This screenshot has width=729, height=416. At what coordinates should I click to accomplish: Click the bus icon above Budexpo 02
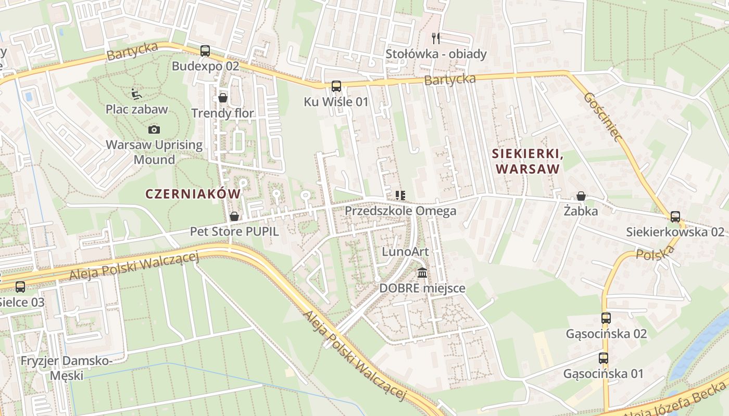pyautogui.click(x=205, y=51)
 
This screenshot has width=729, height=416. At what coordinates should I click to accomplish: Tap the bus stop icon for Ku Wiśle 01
pyautogui.click(x=336, y=86)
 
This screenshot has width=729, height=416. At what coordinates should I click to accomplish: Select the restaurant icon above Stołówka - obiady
pyautogui.click(x=436, y=38)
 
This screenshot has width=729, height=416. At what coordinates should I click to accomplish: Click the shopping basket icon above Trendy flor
pyautogui.click(x=223, y=98)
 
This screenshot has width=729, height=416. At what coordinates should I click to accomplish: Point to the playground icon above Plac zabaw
pyautogui.click(x=136, y=94)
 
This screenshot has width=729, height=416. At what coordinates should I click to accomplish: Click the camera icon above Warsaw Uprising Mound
pyautogui.click(x=154, y=129)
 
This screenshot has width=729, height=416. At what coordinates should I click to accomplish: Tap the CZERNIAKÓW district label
pyautogui.click(x=193, y=194)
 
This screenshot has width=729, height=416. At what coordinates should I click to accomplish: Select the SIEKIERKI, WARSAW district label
pyautogui.click(x=528, y=161)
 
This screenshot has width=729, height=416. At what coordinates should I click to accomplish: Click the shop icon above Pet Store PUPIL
pyautogui.click(x=234, y=216)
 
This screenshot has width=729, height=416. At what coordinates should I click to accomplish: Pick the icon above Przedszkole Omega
pyautogui.click(x=400, y=196)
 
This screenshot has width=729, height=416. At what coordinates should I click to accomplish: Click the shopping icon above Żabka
pyautogui.click(x=581, y=196)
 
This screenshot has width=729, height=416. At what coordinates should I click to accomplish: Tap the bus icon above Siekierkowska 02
pyautogui.click(x=675, y=216)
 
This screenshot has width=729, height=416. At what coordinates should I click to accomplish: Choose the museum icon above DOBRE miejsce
pyautogui.click(x=422, y=272)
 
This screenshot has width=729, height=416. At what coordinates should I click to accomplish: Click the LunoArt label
pyautogui.click(x=405, y=252)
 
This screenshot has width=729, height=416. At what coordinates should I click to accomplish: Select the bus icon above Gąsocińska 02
pyautogui.click(x=606, y=318)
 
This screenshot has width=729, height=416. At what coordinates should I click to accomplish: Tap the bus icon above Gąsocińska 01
pyautogui.click(x=603, y=358)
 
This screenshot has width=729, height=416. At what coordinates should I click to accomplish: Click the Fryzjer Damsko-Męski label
pyautogui.click(x=66, y=367)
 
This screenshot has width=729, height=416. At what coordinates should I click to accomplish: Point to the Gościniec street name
pyautogui.click(x=603, y=117)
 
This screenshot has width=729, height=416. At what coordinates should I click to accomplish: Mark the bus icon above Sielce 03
pyautogui.click(x=20, y=287)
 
